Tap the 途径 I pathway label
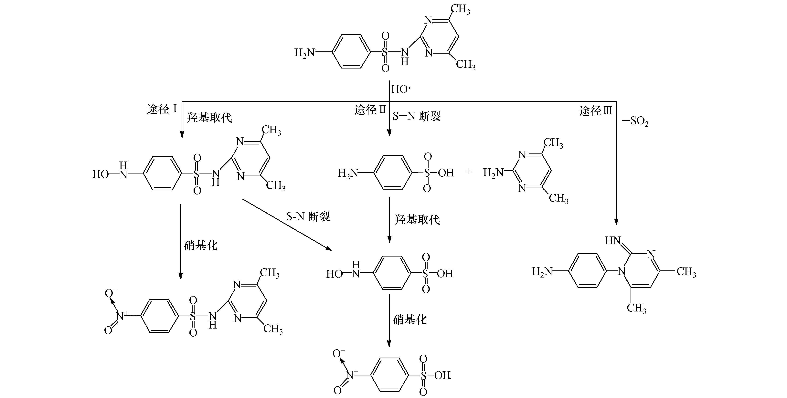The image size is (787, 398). point(162,109)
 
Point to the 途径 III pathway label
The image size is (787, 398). point(595,110)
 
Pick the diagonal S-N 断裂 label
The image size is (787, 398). point(308,216)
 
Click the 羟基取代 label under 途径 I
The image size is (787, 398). point(209,117)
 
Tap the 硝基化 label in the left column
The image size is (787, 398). point(201,245)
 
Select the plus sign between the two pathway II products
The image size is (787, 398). point(468,172)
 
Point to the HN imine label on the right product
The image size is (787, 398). point(612,241)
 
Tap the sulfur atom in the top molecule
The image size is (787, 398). point(385,52)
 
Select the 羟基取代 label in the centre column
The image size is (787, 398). point(417,219)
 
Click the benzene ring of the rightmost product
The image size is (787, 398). point(588,271)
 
